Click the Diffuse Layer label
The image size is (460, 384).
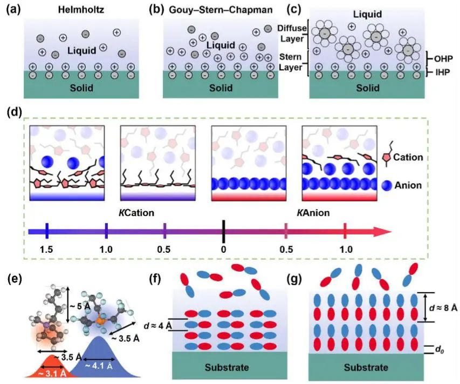tap(292, 32)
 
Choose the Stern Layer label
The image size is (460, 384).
tap(292, 62)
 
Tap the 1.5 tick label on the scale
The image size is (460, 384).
tap(48, 250)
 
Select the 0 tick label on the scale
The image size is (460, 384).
tap(224, 250)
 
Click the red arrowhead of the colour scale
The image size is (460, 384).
tap(385, 232)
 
